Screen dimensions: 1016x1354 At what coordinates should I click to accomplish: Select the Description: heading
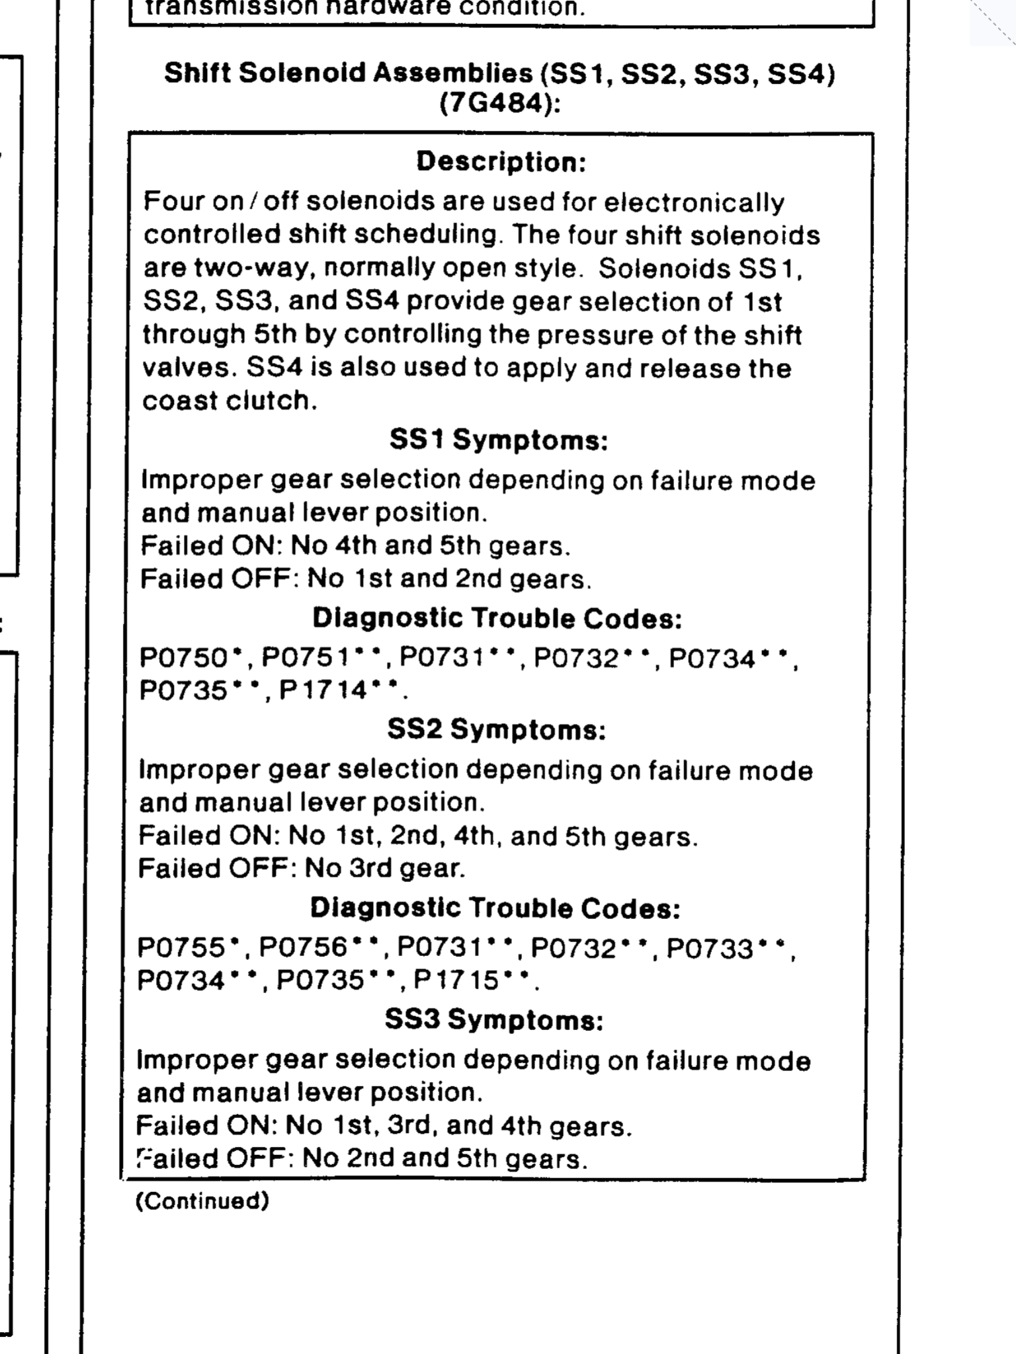coord(501,162)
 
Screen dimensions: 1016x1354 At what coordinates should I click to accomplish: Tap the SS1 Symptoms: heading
coord(499,440)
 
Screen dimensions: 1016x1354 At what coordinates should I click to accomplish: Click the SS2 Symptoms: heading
coord(497,730)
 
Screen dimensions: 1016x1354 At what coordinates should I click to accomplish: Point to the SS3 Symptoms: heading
coord(495,1020)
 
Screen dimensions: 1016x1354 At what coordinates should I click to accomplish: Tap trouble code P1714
coord(323,691)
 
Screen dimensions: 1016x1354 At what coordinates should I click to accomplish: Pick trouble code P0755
coord(181,948)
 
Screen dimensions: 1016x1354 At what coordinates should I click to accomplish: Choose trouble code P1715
coord(457,980)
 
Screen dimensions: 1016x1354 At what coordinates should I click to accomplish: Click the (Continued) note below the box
coord(202,1201)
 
